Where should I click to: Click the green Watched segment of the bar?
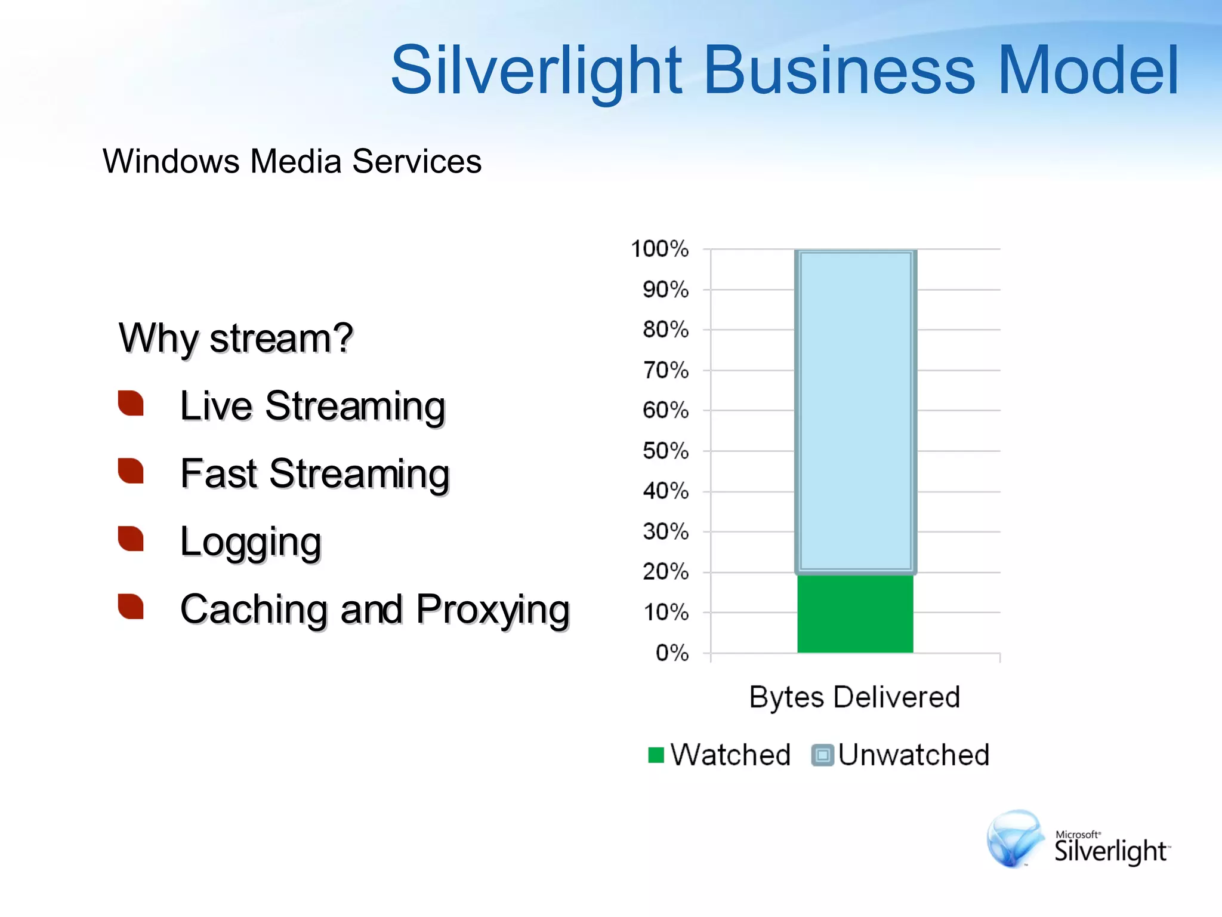coord(855,613)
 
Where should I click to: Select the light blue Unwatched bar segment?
coord(855,411)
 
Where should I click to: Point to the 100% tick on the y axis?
coord(659,249)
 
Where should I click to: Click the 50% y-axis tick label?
coord(665,451)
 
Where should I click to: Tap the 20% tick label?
coord(665,572)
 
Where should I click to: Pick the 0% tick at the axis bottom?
coord(672,653)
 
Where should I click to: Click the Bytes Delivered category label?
coord(854,697)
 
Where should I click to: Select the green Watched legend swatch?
coord(656,755)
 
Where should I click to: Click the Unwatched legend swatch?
coord(822,755)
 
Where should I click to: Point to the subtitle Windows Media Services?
coord(292,161)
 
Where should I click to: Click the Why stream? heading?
coord(236,338)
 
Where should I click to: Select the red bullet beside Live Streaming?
coord(131,403)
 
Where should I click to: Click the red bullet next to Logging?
coord(131,538)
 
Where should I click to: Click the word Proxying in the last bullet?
coord(493,610)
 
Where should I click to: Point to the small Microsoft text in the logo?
coord(1078,834)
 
